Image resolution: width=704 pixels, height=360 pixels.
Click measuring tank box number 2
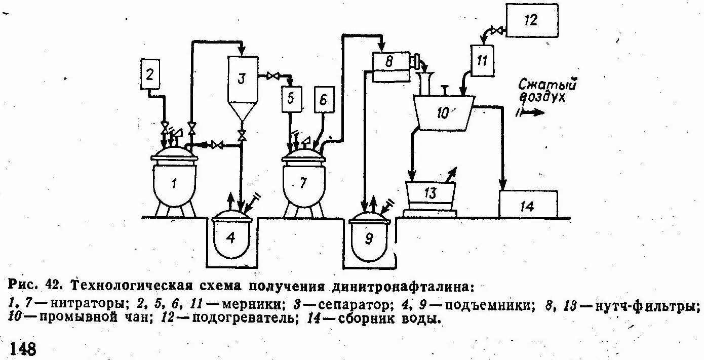150,75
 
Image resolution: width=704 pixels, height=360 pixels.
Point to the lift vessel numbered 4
231,238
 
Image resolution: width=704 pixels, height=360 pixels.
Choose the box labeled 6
324,100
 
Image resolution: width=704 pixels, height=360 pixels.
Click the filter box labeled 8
389,63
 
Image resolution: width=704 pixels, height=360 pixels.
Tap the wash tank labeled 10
443,113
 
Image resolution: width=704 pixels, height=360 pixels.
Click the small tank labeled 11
482,60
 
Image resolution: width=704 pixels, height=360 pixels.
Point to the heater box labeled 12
531,20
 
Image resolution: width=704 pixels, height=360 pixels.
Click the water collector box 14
528,205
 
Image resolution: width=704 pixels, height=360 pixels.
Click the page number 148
23,349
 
